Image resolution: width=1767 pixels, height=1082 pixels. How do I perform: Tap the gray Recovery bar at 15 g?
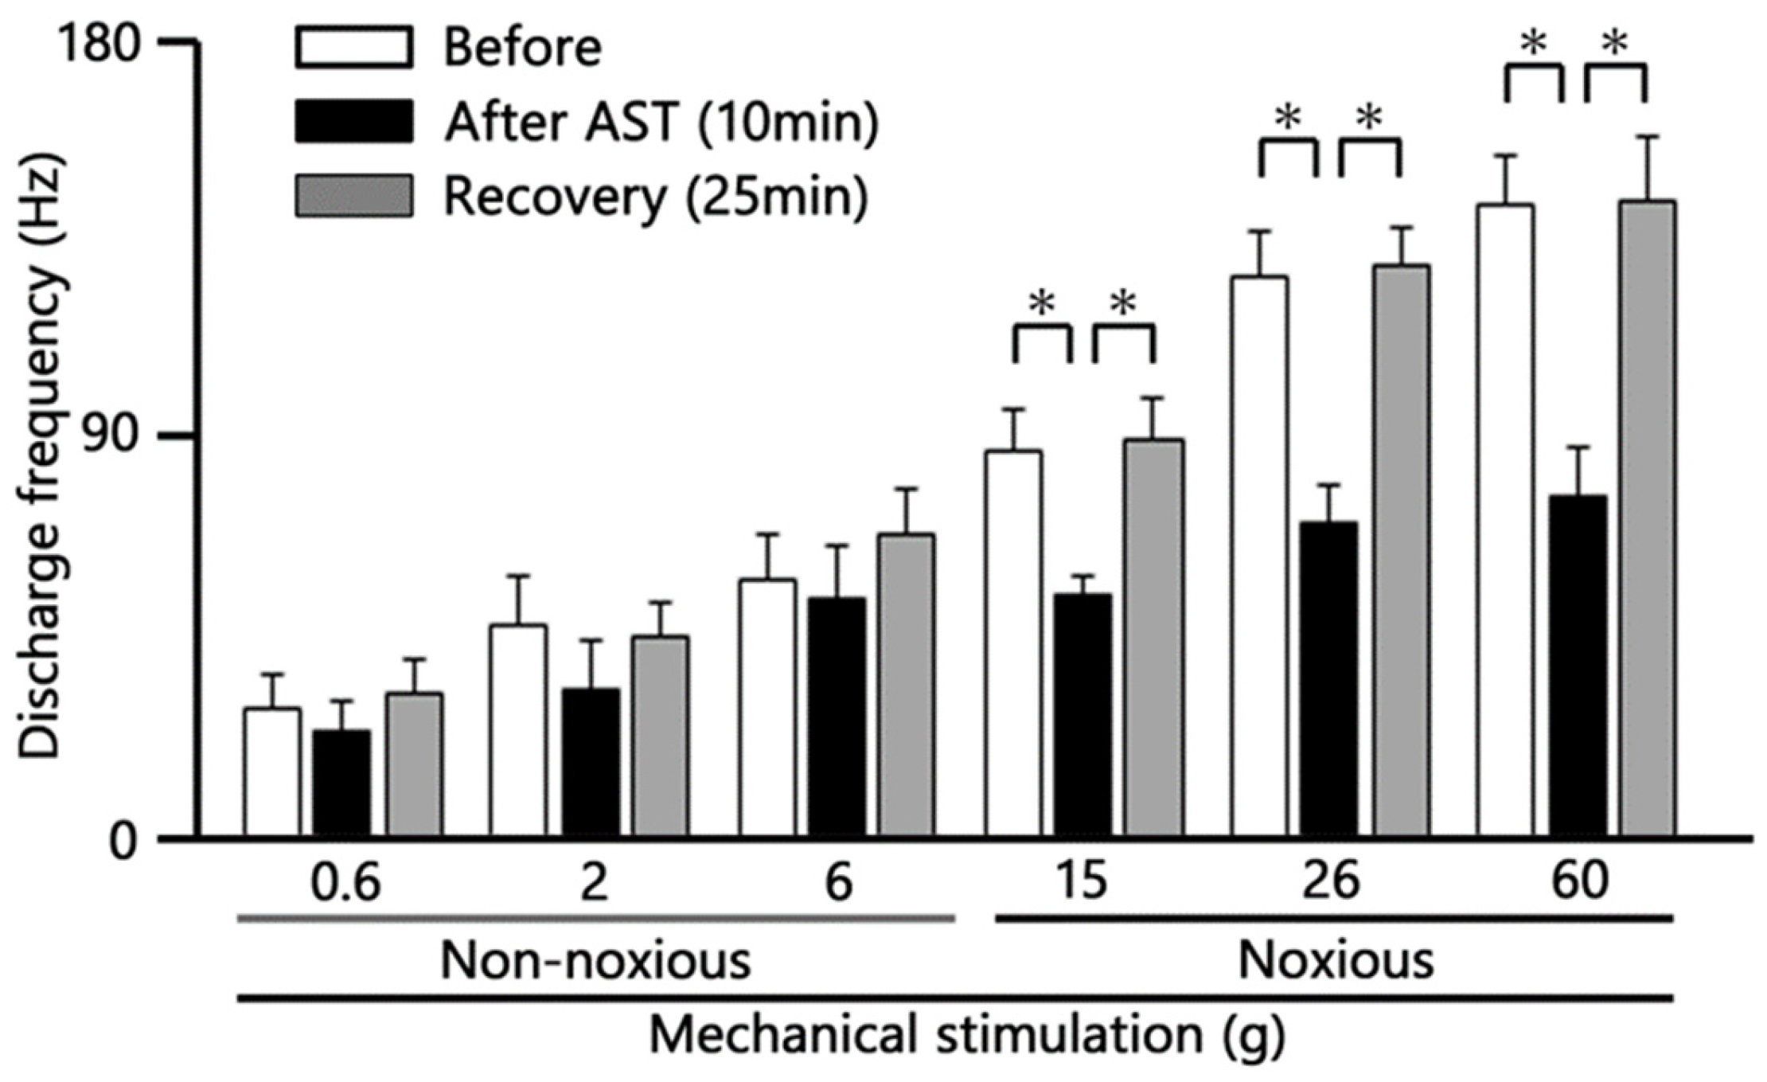tap(1153, 637)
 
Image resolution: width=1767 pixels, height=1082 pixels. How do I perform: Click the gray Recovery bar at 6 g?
tap(906, 685)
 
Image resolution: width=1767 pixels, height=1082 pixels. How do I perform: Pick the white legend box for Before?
tap(354, 47)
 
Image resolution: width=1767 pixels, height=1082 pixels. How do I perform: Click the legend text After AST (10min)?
tap(661, 122)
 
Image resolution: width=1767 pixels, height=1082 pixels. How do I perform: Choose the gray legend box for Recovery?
tap(354, 196)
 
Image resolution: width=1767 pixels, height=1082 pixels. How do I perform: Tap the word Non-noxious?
tap(595, 961)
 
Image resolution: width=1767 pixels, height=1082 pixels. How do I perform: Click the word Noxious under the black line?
tap(1336, 961)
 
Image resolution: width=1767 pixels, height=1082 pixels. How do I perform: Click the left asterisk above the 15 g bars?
tap(1041, 304)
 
